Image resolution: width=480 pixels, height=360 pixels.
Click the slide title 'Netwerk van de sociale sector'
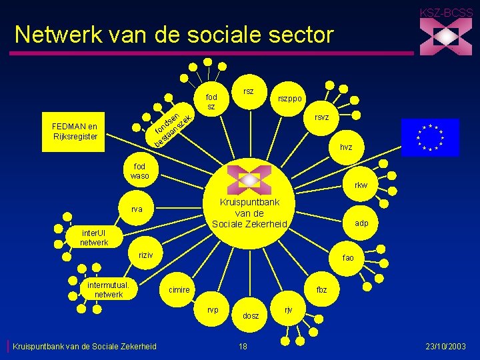point(173,34)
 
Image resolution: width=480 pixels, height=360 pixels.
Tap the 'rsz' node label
point(249,91)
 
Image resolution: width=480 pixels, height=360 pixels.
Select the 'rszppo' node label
point(290,98)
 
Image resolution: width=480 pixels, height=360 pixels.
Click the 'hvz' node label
point(346,147)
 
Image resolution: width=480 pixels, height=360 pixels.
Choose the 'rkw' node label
point(361,185)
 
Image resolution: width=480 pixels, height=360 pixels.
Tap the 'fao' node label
point(348,257)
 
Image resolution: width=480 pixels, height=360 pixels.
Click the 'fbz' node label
point(321,289)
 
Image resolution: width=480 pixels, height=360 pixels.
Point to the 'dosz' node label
point(251,316)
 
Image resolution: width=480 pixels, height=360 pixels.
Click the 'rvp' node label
point(213,309)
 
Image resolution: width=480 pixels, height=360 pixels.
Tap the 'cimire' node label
point(179,289)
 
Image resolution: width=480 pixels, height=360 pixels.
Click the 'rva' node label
point(137,209)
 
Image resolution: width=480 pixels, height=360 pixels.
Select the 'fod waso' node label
point(141,171)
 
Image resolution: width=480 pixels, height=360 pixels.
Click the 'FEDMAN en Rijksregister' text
point(75,131)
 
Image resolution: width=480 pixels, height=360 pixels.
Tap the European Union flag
point(430,137)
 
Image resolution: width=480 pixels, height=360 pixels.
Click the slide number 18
point(243,346)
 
